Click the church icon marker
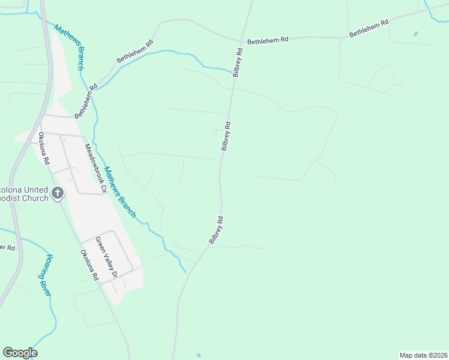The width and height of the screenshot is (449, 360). (58, 193)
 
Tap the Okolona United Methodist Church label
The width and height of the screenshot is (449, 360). (24, 193)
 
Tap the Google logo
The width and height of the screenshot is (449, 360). (20, 353)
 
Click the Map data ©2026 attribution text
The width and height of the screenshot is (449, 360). (424, 355)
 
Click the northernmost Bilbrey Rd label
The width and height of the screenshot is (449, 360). (238, 62)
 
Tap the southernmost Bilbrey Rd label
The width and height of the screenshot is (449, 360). (217, 229)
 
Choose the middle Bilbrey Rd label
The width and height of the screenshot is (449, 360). (226, 136)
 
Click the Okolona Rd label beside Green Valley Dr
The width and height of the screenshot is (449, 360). (89, 265)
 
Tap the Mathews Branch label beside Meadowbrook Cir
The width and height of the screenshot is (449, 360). (120, 192)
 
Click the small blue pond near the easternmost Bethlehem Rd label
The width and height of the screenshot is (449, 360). (416, 34)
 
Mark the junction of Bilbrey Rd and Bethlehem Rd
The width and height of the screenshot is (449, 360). (241, 41)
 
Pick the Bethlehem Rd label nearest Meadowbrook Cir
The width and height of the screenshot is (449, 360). (86, 100)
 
